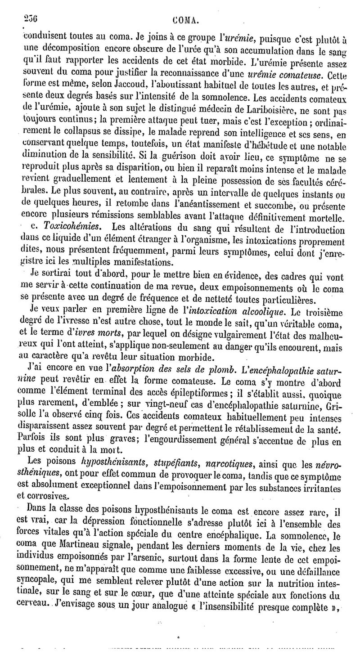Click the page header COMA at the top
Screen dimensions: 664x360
(x=186, y=19)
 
